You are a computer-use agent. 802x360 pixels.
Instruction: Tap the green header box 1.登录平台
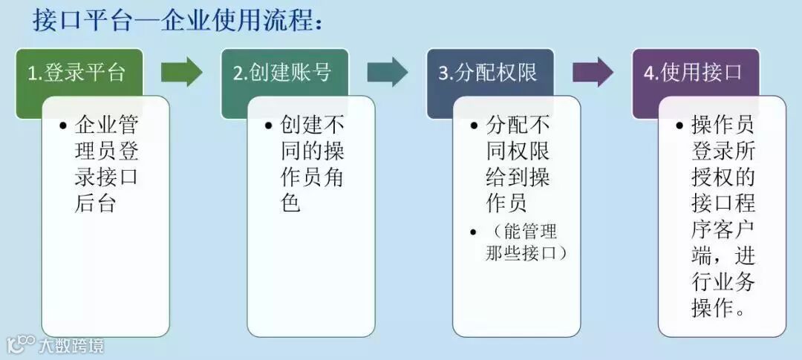pyautogui.click(x=77, y=72)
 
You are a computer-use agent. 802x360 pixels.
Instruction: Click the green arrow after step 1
pyautogui.click(x=181, y=71)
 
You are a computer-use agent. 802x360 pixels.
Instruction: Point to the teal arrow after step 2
pyautogui.click(x=387, y=71)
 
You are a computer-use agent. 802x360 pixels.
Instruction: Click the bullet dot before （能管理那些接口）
pyautogui.click(x=475, y=233)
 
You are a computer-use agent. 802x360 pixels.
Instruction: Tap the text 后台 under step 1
pyautogui.click(x=96, y=202)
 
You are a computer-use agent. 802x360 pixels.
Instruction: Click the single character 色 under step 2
pyautogui.click(x=291, y=202)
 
